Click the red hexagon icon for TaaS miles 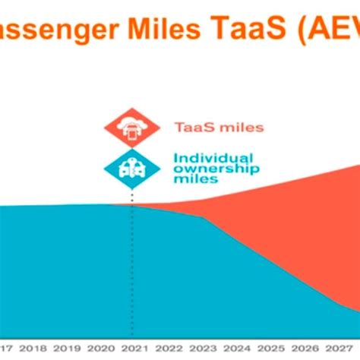[x=131, y=128]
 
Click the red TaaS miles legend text [x=219, y=128]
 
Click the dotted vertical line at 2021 [x=132, y=266]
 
